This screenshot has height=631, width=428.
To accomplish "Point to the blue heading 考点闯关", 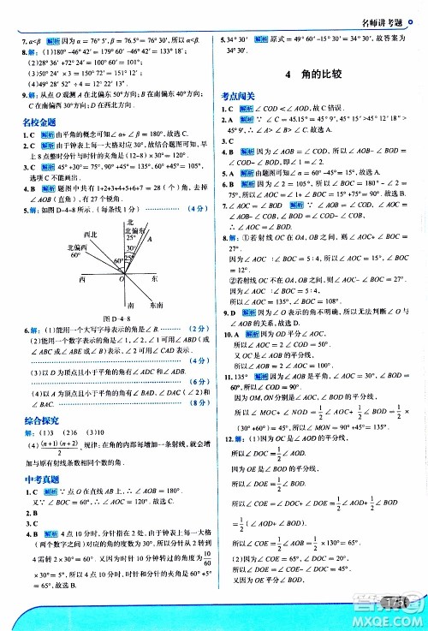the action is (x=239, y=97).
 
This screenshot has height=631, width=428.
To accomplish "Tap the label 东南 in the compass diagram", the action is (x=157, y=305).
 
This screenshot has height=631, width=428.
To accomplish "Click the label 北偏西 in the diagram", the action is (x=80, y=247).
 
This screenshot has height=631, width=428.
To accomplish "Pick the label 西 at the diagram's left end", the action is (x=81, y=279).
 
